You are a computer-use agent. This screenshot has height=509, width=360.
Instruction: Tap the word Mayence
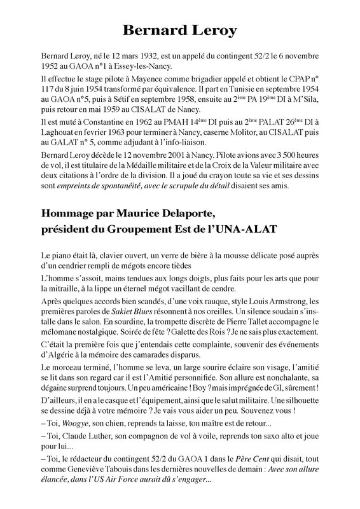click(x=140, y=81)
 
